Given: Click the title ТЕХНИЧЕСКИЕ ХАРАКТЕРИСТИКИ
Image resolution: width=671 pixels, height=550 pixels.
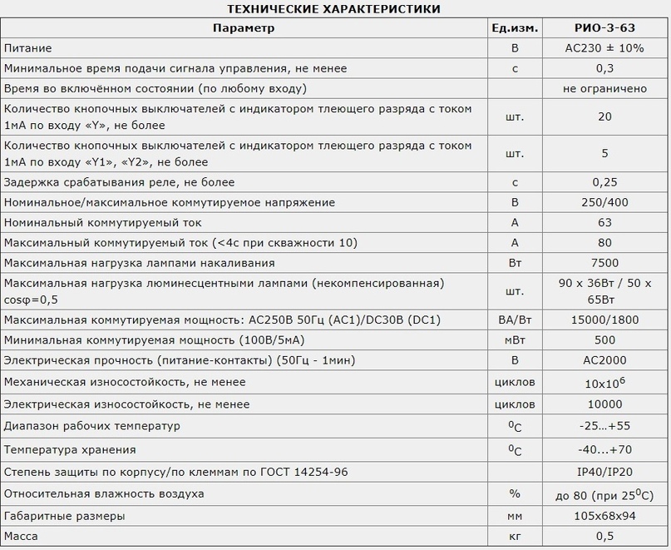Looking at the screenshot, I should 334,9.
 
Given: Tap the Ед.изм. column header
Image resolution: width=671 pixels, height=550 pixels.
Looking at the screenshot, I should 515,27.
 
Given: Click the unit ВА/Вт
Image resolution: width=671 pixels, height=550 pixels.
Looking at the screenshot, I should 515,320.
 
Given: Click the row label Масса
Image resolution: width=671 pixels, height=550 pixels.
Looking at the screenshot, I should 21,537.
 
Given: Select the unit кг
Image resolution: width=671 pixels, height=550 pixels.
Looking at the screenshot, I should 515,537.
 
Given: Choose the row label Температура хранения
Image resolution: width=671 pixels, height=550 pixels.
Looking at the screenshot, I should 70,450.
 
